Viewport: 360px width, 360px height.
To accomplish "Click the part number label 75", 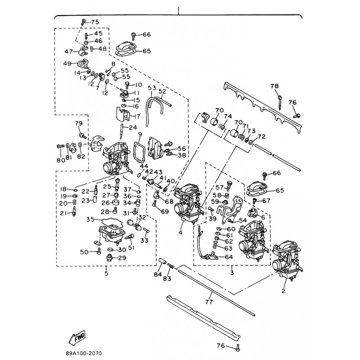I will coord(94,22).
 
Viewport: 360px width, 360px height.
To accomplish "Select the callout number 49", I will coord(67,63).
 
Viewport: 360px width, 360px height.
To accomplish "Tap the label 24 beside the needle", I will coord(133,127).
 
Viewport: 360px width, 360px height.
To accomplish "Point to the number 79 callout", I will coord(78,124).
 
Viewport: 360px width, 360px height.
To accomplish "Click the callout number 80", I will coord(61,160).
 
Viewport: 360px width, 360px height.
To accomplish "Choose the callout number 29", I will coord(122,258).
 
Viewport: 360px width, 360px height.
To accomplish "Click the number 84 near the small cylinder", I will coord(157,274).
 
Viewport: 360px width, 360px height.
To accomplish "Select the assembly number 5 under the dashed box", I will coord(106,273).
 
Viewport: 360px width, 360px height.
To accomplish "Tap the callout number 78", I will coord(274,86).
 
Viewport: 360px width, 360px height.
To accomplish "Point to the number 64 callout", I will coord(228,257).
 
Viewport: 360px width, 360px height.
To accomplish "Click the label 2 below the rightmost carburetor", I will coord(284,291).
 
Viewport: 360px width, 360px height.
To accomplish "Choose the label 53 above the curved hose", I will coord(152,88).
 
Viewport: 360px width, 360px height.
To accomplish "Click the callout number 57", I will coord(220,187).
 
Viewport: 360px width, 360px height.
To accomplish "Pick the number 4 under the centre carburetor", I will coord(180,233).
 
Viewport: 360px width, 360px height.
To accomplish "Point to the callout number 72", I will coord(261,136).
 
